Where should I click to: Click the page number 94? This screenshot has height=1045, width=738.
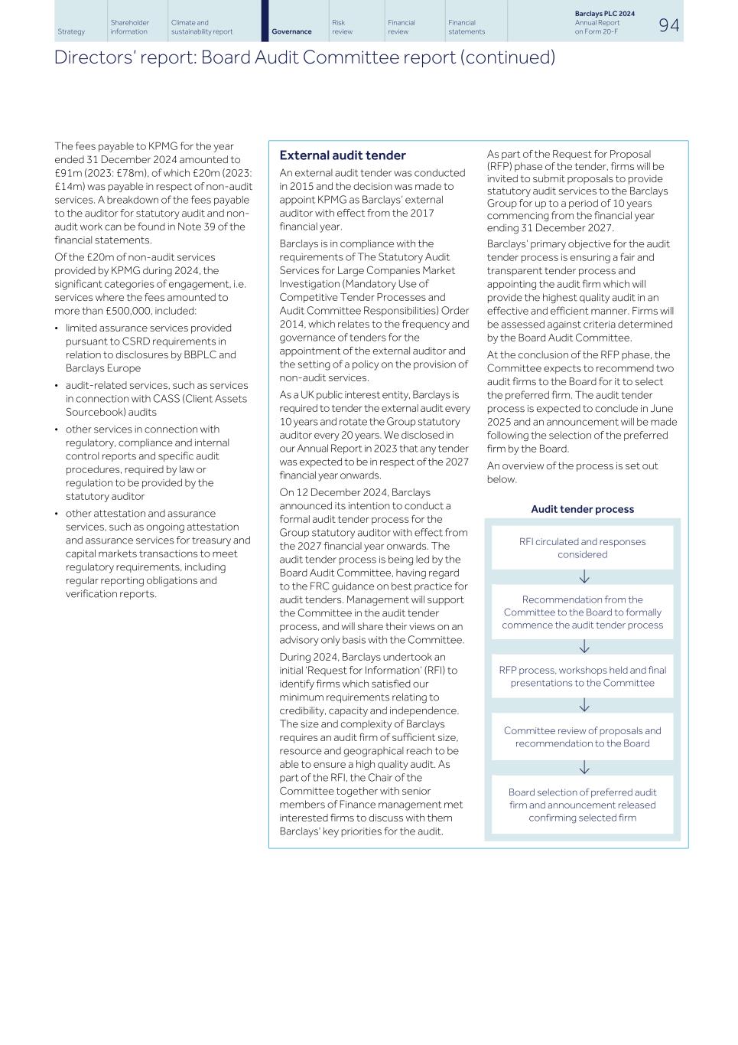668,25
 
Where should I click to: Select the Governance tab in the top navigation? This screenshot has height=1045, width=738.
291,31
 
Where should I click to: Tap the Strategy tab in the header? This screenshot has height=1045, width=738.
71,31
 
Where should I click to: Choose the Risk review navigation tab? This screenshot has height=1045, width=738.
343,28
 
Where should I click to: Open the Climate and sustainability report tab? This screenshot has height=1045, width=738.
202,28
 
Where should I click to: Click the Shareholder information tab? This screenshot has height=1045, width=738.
129,28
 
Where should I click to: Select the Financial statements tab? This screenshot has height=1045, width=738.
467,28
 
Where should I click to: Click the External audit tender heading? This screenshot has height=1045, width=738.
343,155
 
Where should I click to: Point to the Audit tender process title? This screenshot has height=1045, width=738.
582,509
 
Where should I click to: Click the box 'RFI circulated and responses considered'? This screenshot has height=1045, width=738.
582,548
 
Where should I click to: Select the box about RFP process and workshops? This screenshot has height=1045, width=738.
582,676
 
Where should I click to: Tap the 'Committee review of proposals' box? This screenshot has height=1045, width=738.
582,736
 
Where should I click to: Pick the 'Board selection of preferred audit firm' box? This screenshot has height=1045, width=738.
582,805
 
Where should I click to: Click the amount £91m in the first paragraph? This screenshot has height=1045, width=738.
64,173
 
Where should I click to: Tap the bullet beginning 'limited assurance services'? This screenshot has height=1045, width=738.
148,328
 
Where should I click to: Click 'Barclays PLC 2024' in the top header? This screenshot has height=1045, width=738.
604,14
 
